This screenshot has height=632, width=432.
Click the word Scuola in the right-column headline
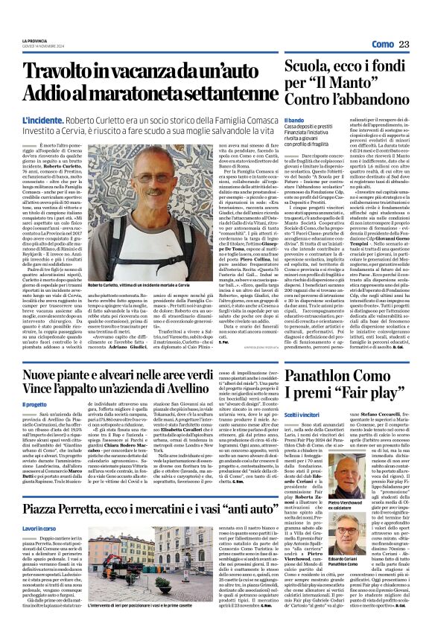point(305,68)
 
